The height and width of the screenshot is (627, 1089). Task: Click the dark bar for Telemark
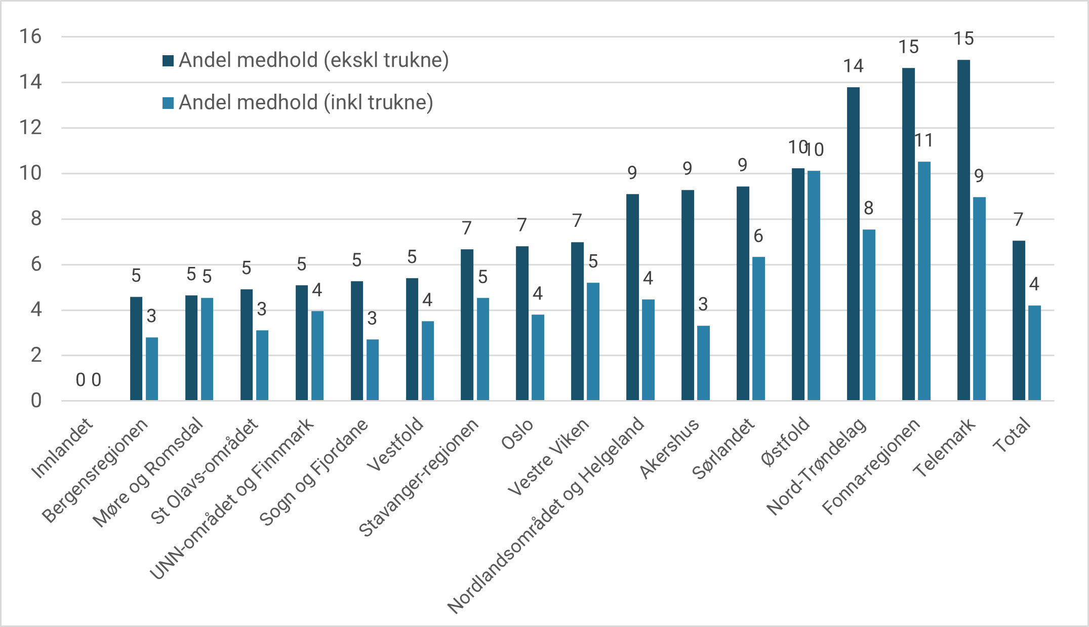(x=963, y=230)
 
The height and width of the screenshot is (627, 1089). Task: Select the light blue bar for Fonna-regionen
(x=924, y=281)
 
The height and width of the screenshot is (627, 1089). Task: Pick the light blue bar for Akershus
(x=703, y=363)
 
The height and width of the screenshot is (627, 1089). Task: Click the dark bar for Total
(x=1019, y=321)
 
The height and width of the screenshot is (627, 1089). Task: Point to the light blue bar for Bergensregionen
(x=152, y=369)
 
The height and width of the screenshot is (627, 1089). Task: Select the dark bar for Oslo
(x=522, y=324)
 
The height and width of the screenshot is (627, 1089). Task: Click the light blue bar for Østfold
(x=814, y=286)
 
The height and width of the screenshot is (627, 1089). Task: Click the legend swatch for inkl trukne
(x=168, y=103)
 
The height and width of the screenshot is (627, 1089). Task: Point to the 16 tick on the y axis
(x=30, y=36)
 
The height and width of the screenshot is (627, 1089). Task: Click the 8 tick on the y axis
(x=35, y=219)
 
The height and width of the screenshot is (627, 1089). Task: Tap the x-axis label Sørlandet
(x=723, y=449)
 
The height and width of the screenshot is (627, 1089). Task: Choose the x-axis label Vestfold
(x=395, y=444)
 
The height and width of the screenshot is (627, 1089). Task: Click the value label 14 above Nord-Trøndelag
(x=853, y=66)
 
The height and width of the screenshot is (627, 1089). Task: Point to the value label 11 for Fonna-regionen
(x=924, y=140)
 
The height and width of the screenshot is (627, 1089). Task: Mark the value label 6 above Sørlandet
(x=758, y=236)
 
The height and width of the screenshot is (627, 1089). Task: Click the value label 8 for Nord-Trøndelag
(x=869, y=208)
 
